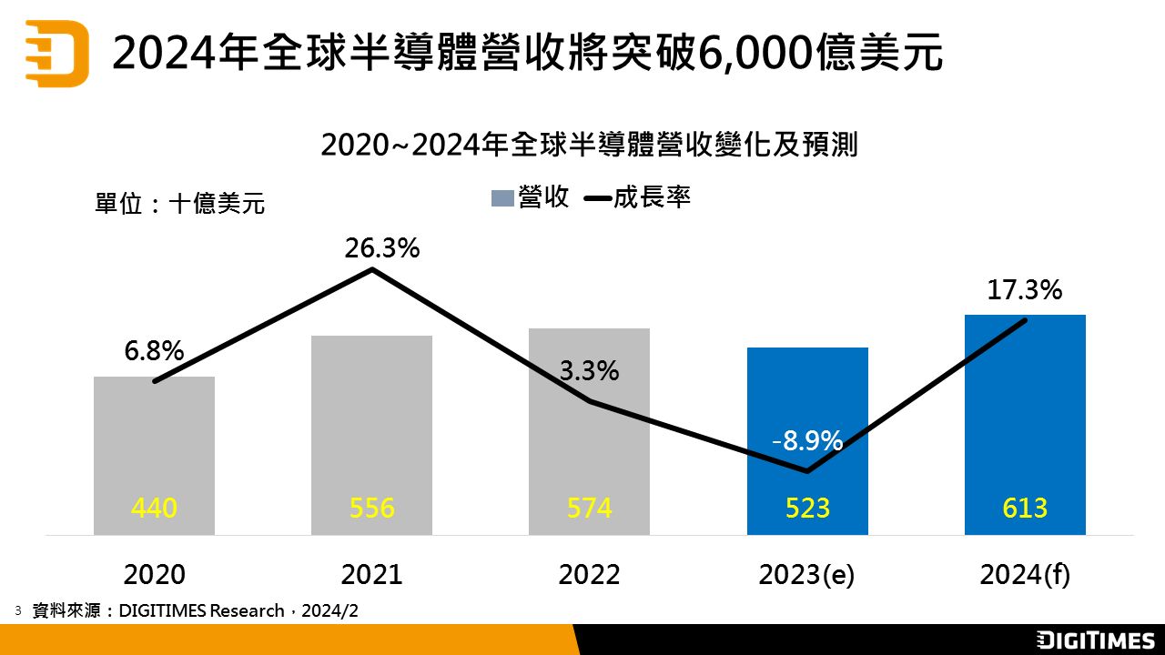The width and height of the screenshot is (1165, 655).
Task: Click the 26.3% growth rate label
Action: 381,247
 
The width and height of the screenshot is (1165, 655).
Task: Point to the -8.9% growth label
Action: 806,441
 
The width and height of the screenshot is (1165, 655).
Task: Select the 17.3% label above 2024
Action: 1025,290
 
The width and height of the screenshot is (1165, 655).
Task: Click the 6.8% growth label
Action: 155,351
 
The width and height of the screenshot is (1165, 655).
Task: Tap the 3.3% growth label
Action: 589,371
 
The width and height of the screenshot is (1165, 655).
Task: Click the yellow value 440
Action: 154,508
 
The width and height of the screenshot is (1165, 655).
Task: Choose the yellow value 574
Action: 589,508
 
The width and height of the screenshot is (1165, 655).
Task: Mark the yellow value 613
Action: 1025,508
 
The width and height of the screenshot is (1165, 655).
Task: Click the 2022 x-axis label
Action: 589,575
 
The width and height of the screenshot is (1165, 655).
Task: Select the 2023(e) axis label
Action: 806,575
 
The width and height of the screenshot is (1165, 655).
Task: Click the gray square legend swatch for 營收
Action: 502,198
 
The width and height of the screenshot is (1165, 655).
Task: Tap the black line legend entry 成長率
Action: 637,197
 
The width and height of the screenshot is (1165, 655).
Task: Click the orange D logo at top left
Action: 56,54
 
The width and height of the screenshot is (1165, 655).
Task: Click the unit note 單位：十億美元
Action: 180,203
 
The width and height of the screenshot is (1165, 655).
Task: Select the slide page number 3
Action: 17,610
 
